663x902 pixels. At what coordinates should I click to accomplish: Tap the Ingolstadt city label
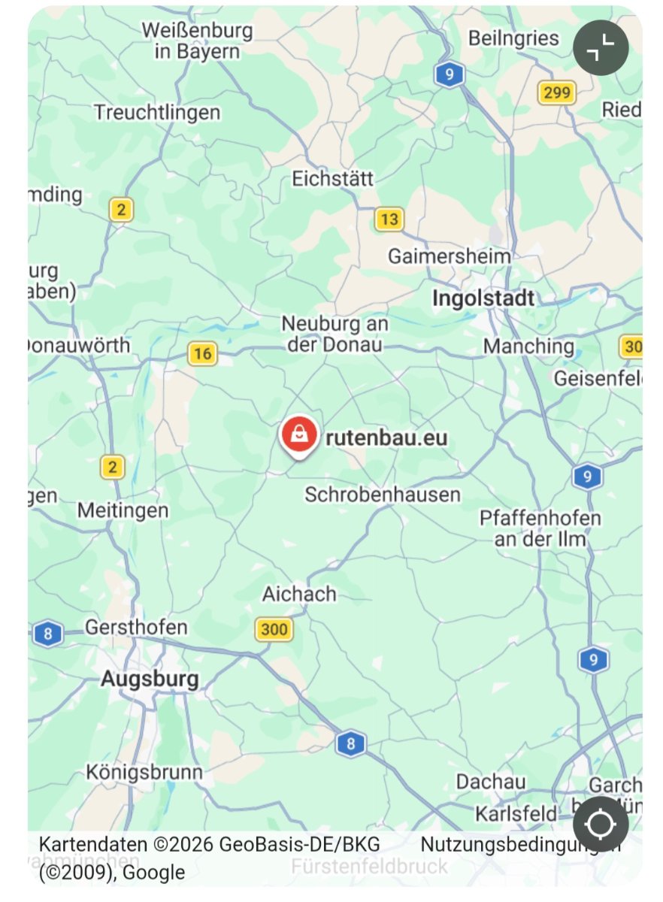483,298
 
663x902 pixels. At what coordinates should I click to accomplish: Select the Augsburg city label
150,680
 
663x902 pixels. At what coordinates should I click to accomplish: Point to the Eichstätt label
332,179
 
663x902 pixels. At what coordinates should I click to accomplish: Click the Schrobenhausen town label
382,495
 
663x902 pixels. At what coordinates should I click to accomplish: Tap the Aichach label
298,594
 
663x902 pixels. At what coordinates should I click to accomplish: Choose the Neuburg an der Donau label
335,334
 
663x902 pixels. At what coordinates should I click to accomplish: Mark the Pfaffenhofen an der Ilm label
540,528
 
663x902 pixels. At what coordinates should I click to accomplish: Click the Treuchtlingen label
157,113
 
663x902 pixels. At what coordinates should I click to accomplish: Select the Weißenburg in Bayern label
197,41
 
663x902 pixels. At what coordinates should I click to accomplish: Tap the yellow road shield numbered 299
556,92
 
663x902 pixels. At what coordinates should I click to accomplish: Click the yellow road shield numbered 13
389,219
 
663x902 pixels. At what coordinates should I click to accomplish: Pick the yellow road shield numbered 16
201,353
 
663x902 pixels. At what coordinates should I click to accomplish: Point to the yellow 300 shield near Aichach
274,628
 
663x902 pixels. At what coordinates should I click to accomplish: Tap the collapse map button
601,48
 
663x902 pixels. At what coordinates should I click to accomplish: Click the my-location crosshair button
601,824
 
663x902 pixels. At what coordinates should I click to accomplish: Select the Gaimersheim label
449,256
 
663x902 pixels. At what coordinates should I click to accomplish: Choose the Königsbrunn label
144,772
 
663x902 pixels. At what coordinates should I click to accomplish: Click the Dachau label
490,782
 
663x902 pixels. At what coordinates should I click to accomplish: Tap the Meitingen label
123,510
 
